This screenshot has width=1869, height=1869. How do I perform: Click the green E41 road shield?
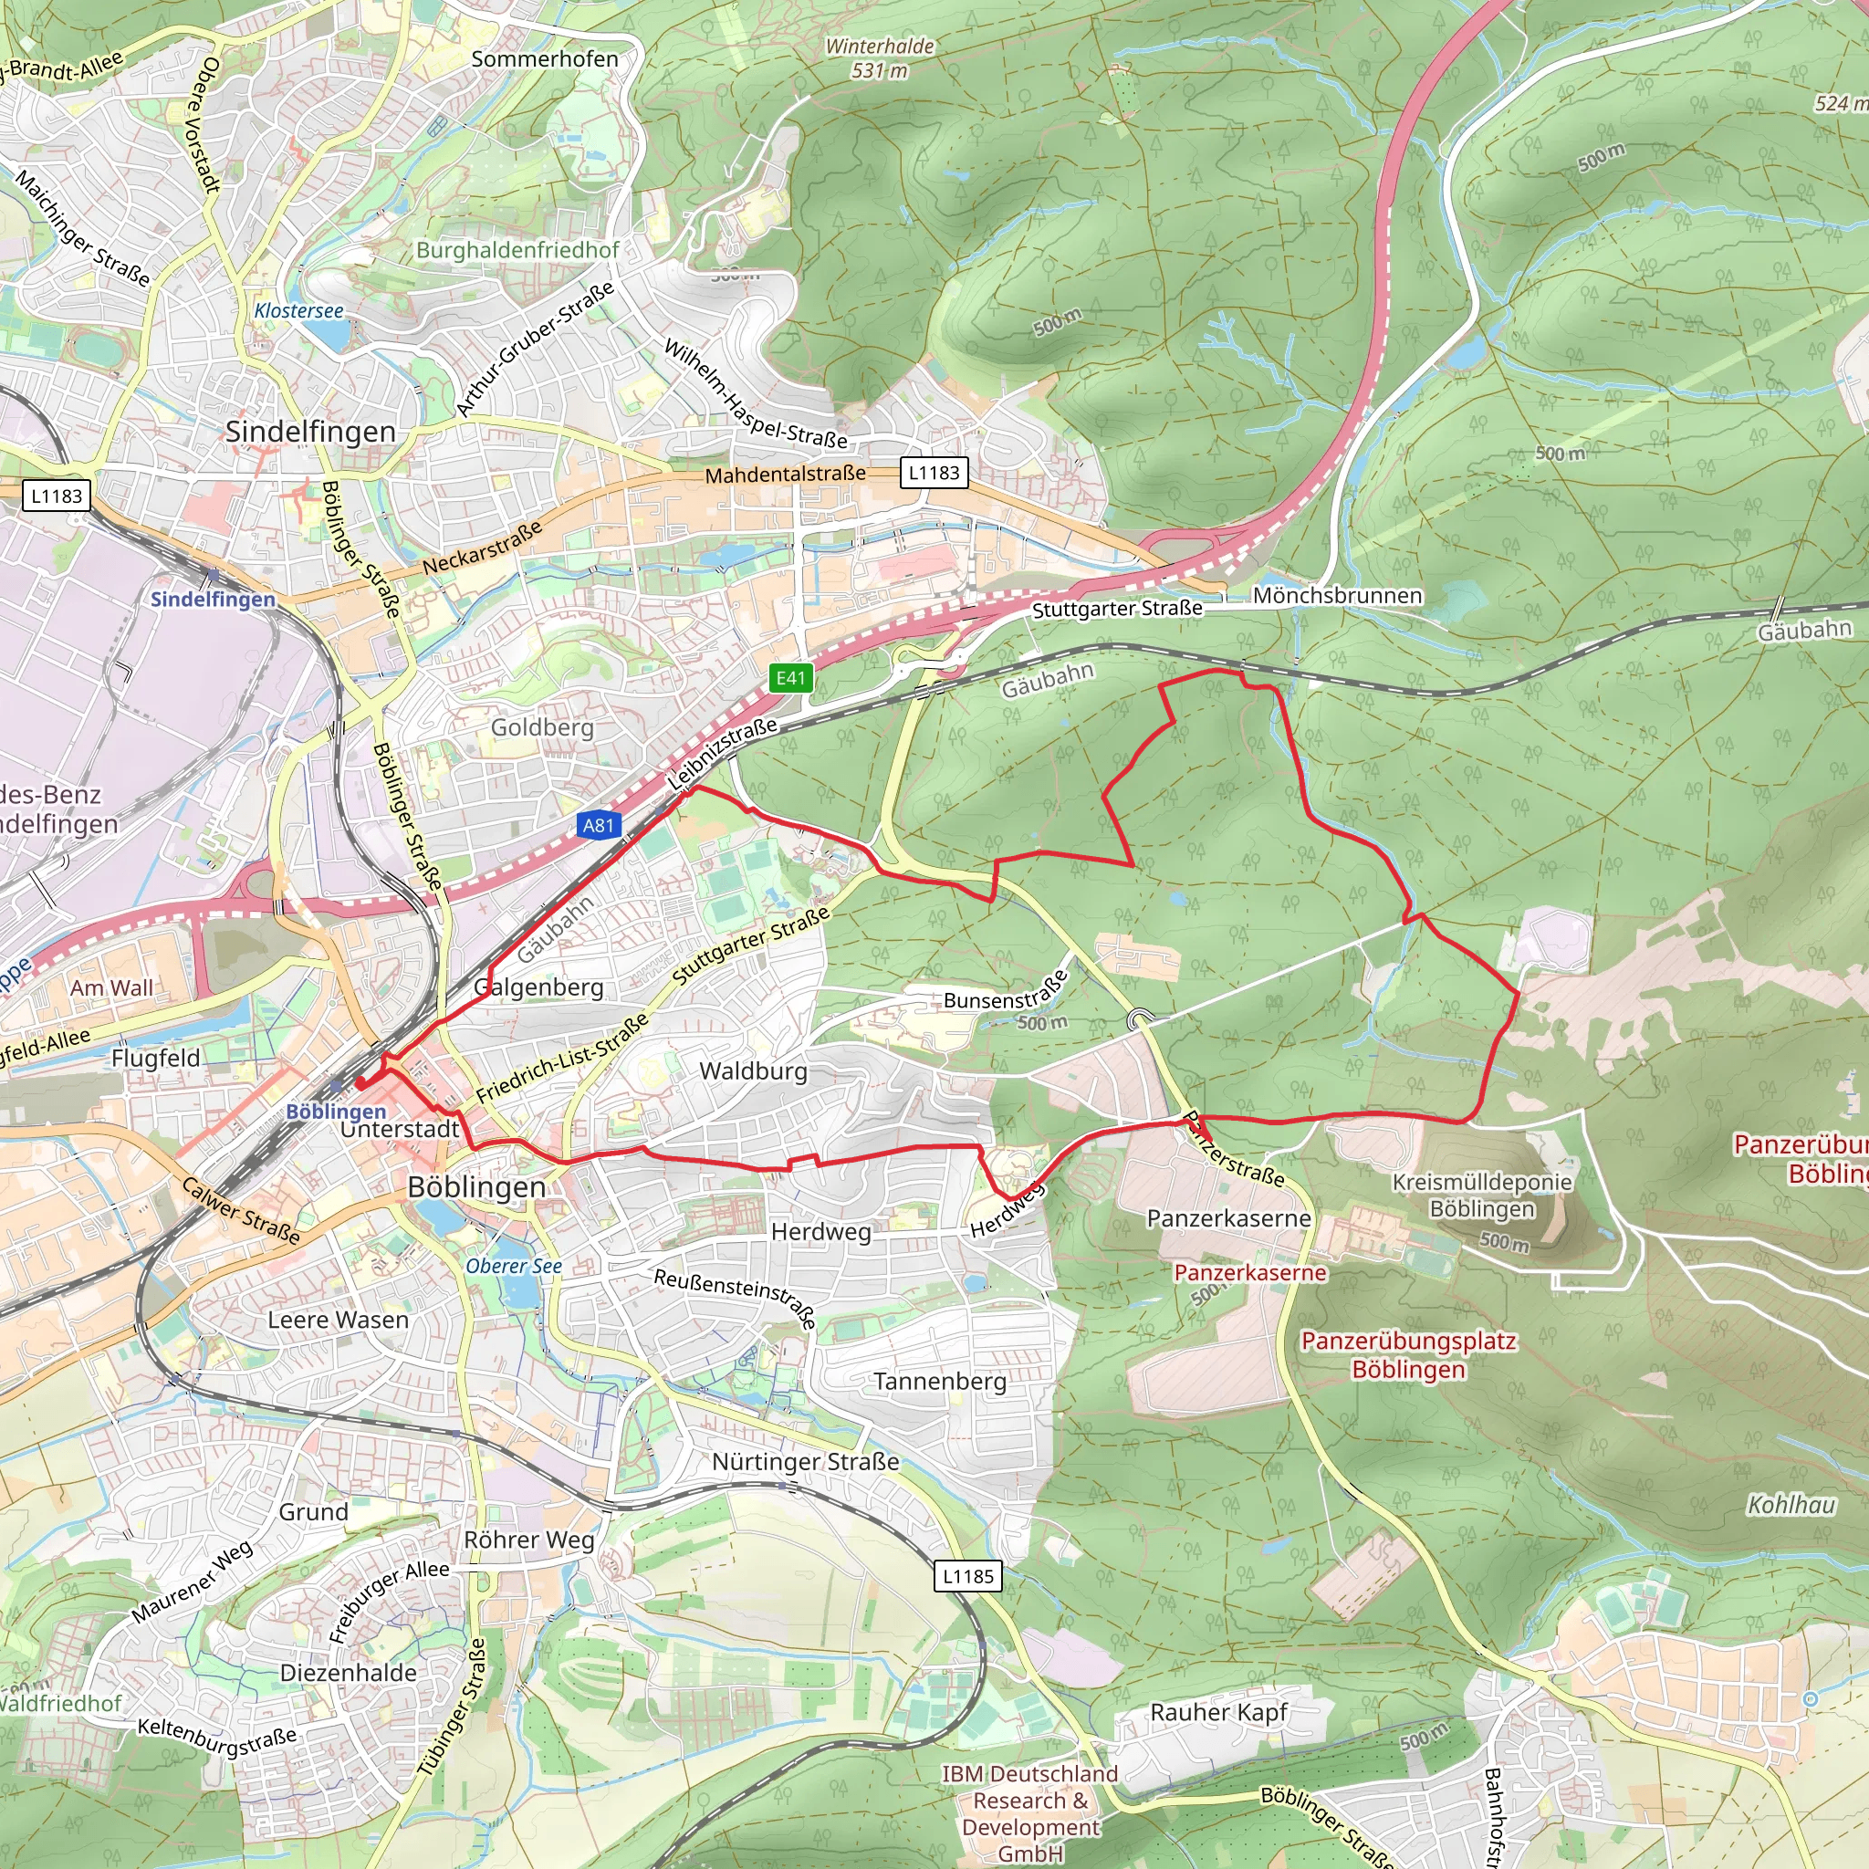point(790,678)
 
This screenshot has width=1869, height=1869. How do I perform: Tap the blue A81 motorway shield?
point(599,825)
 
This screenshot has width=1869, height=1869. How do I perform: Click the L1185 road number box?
point(968,1576)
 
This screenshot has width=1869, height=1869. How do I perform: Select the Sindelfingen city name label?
point(310,432)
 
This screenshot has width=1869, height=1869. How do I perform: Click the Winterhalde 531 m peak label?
point(880,58)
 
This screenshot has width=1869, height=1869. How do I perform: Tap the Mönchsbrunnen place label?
point(1337,596)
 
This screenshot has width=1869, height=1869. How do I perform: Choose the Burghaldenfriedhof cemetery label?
point(517,249)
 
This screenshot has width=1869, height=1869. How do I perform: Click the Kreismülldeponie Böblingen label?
point(1481,1195)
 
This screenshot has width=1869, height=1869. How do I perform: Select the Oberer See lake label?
point(514,1267)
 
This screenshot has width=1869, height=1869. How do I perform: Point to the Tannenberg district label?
point(939,1382)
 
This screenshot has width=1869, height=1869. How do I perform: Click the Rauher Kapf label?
point(1218,1712)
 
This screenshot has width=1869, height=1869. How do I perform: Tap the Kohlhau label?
point(1791,1504)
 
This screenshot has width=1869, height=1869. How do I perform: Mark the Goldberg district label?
point(542,726)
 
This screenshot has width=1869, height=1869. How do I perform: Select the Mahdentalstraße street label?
point(785,475)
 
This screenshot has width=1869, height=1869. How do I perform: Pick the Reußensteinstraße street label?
point(736,1299)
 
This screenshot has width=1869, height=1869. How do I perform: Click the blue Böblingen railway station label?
point(336,1112)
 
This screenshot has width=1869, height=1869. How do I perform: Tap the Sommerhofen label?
point(545,59)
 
